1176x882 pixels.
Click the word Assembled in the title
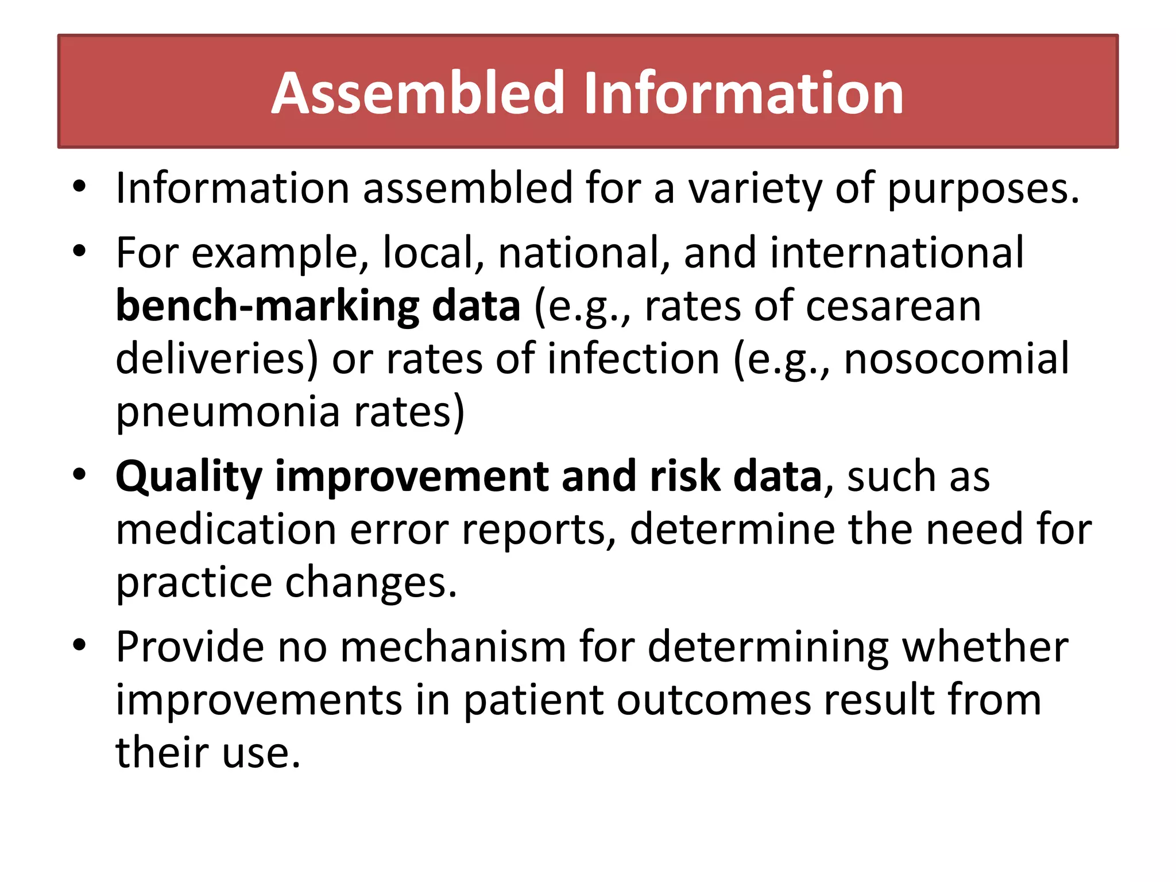tap(418, 93)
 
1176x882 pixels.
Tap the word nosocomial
tap(956, 359)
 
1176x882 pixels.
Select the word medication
tap(226, 529)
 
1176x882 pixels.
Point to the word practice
tap(194, 583)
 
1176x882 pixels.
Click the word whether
tap(985, 648)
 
